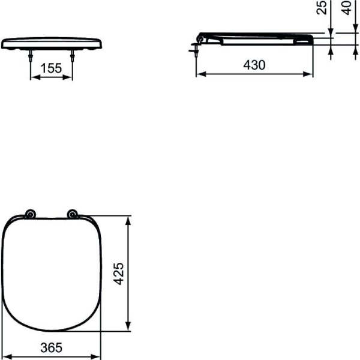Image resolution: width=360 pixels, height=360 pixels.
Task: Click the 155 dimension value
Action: [51, 68]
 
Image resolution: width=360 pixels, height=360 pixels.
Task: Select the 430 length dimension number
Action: [254, 65]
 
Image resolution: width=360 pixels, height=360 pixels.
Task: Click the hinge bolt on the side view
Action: [197, 46]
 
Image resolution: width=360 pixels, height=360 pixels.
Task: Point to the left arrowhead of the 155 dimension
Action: [34, 77]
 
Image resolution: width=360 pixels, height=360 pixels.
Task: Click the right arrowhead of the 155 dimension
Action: [70, 77]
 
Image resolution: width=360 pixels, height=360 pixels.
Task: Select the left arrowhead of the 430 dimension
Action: [200, 74]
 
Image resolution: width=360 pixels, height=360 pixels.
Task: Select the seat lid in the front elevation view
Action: [51, 41]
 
